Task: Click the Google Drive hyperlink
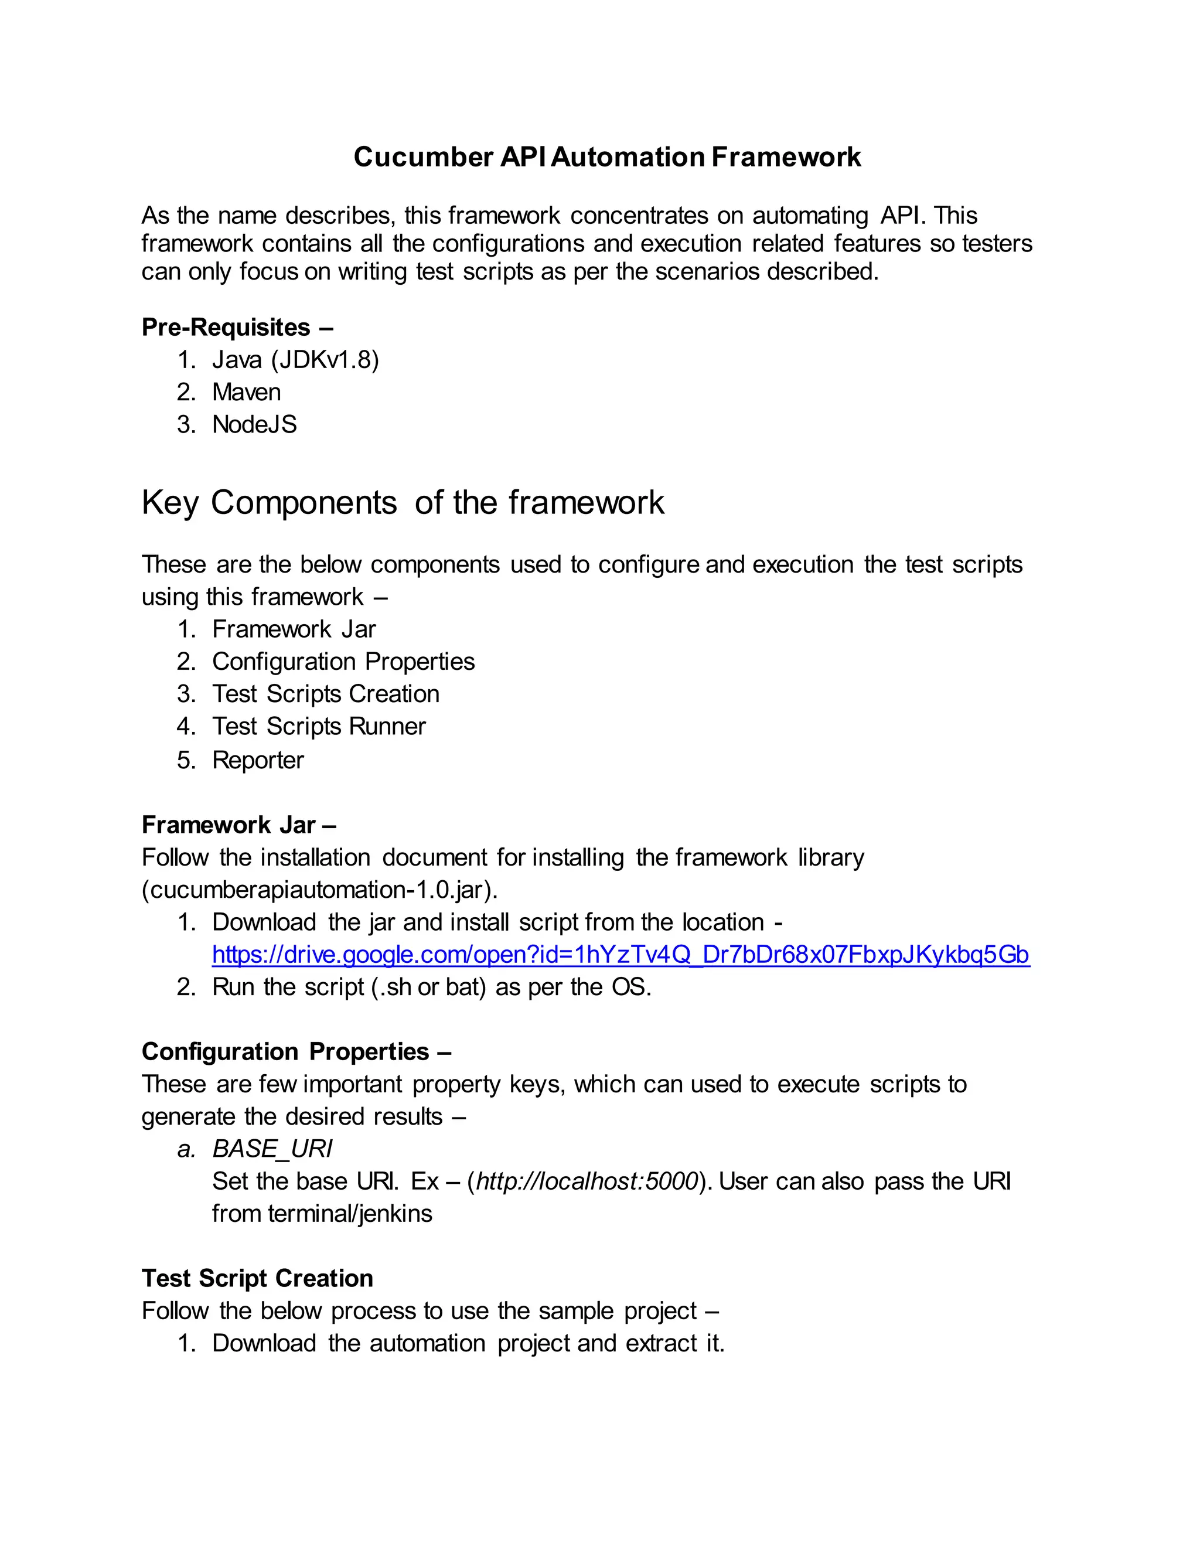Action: [x=620, y=954]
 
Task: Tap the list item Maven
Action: [x=246, y=392]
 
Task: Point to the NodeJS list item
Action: [x=254, y=424]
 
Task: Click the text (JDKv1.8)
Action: [x=325, y=360]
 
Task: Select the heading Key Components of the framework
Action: [x=403, y=503]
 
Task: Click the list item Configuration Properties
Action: [x=343, y=661]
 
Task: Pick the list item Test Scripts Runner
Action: [x=319, y=726]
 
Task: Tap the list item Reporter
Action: [x=257, y=760]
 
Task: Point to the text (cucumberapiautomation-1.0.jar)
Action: [x=319, y=890]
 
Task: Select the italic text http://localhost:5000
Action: [x=587, y=1181]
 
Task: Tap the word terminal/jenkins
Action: [x=350, y=1213]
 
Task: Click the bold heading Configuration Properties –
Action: [x=296, y=1051]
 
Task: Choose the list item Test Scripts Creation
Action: [x=326, y=694]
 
